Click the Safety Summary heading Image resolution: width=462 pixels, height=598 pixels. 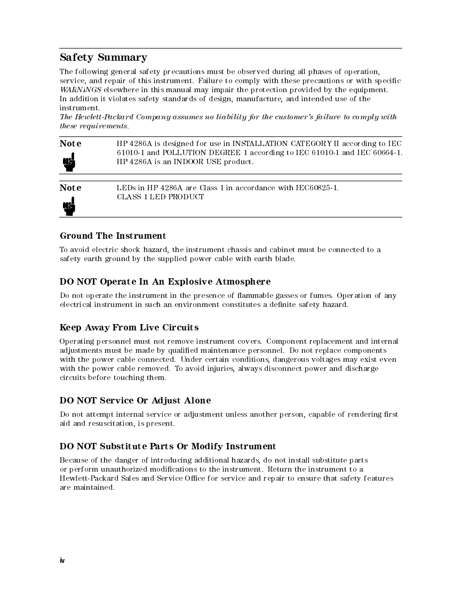coord(103,58)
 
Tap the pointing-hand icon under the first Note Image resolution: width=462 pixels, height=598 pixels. coord(69,161)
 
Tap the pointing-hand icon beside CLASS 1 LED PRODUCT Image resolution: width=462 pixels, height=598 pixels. coord(69,206)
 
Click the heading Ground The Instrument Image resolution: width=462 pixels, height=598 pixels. coord(113,236)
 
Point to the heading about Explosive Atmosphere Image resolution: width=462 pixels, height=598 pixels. coord(165,281)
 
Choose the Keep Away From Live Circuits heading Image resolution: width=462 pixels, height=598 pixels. coord(129,327)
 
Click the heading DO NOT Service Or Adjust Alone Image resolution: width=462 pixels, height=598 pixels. coord(135,400)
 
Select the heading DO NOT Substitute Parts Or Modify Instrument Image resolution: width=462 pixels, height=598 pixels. coord(168,446)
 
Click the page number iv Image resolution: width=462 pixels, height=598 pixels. coord(62,560)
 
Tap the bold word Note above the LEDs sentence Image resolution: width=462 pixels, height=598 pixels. coord(70,188)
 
